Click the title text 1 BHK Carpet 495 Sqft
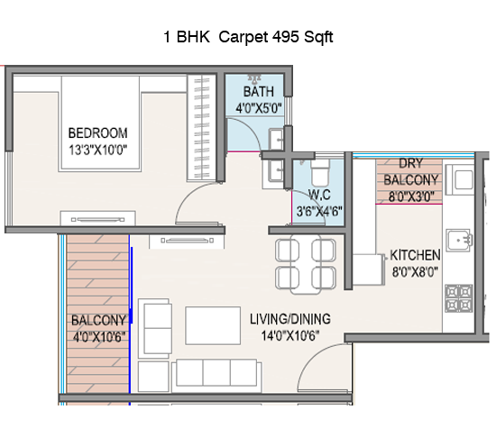point(248,37)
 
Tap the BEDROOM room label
point(98,133)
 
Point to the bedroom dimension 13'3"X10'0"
point(98,150)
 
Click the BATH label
point(259,92)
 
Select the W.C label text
point(319,195)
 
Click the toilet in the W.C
point(320,172)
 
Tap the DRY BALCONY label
point(410,171)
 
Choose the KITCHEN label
point(415,255)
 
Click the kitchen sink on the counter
point(459,241)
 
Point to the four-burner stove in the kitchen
point(459,298)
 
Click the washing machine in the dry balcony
point(460,179)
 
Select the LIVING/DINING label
point(290,319)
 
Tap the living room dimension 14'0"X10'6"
point(290,335)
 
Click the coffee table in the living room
point(213,325)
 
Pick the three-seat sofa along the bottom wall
point(216,376)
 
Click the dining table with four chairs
point(306,264)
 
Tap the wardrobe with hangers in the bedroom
point(201,128)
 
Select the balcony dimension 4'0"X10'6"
point(99,337)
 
